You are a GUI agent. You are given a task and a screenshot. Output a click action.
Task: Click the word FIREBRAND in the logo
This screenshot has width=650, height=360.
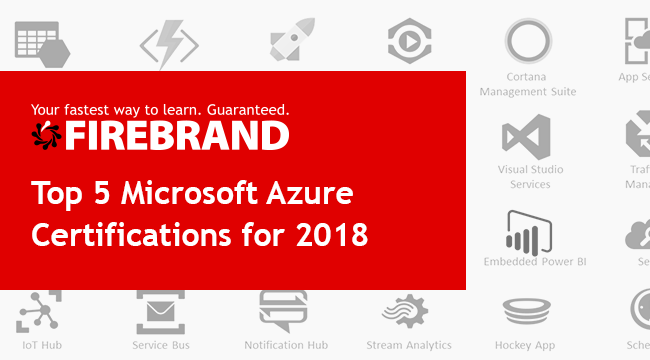click(178, 135)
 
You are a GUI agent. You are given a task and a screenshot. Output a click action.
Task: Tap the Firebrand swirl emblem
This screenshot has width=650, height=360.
click(47, 135)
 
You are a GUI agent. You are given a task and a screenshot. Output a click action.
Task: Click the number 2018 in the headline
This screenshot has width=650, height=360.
click(333, 236)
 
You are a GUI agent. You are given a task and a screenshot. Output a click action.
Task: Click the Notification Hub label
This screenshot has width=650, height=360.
click(286, 345)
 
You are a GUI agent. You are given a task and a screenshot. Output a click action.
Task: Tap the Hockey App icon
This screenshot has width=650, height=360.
click(530, 311)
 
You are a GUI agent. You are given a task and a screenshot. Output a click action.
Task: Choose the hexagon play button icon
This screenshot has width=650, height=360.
click(409, 39)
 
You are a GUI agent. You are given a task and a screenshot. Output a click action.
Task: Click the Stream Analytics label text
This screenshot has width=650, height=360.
click(408, 345)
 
